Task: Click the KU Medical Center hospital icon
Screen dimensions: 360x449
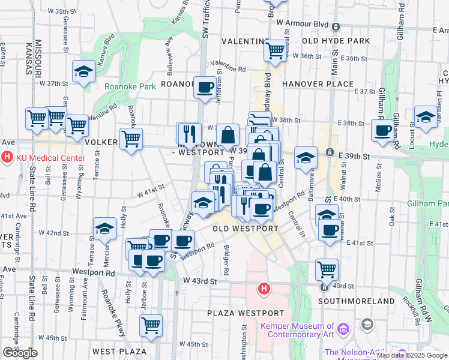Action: tap(8, 158)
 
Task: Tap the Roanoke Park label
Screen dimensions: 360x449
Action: tap(130, 86)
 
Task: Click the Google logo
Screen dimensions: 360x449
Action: tap(20, 353)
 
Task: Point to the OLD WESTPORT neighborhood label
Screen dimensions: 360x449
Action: tap(246, 229)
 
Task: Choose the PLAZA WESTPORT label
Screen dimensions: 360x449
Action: tap(245, 313)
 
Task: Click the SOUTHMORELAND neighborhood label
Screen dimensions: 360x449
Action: tap(356, 301)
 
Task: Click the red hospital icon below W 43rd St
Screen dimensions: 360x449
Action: tap(263, 290)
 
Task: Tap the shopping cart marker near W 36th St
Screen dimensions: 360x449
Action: tap(276, 51)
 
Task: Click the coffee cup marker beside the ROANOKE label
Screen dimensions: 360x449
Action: tap(205, 88)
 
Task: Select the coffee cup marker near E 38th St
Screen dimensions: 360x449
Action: tap(382, 131)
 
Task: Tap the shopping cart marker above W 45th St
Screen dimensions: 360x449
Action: tap(151, 325)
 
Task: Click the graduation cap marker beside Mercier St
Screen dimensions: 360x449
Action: tap(104, 228)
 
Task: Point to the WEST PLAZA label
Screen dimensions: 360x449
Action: tap(119, 351)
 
